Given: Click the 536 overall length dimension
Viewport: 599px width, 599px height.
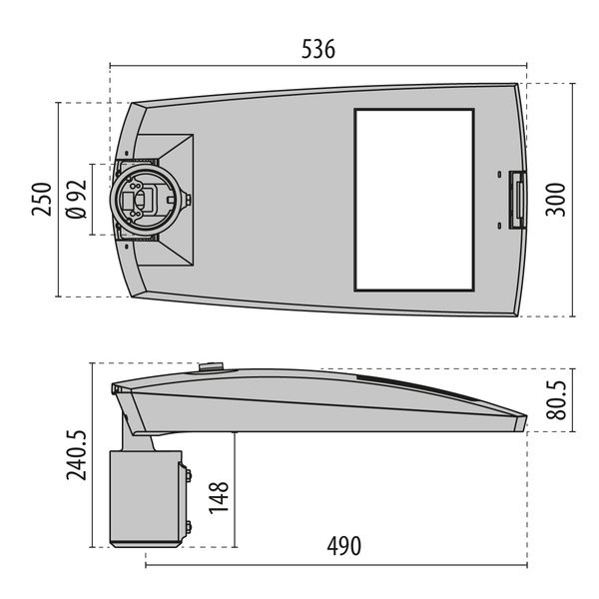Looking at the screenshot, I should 319,49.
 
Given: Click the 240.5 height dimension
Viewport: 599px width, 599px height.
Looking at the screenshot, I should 78,454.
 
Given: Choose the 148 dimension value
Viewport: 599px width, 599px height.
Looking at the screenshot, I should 220,496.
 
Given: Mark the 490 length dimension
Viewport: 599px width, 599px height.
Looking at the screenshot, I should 343,546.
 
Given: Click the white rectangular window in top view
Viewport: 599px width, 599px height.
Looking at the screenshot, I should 413,200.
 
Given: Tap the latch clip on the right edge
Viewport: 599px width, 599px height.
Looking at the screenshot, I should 517,200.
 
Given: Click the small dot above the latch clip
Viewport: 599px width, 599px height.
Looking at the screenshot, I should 498,177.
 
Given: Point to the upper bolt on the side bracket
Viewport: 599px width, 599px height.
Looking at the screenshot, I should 186,475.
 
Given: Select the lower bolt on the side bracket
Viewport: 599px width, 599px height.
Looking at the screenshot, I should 186,526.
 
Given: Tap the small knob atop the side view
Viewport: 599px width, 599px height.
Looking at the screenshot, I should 211,365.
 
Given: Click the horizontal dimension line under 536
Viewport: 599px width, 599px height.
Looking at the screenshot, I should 319,66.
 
